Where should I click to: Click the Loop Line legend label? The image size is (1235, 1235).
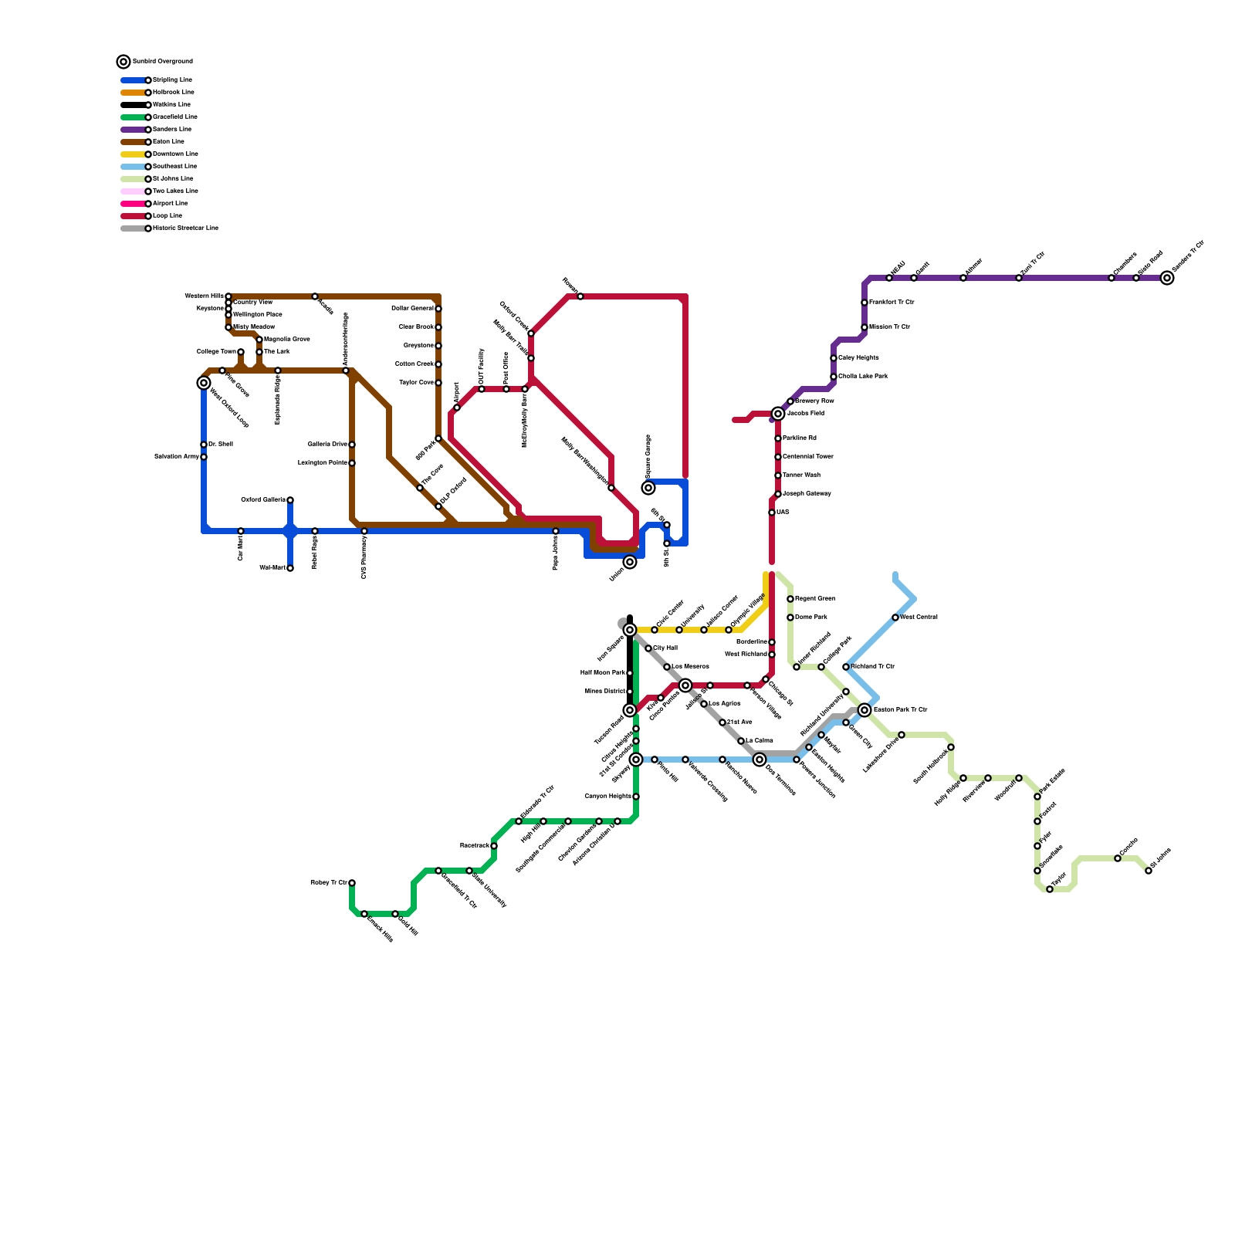point(167,216)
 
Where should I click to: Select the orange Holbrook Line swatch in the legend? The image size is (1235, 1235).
point(133,93)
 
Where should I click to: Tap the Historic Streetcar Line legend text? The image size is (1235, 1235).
point(185,228)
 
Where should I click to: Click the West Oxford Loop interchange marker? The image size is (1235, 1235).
point(204,383)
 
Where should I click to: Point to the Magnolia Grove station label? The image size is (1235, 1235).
point(287,340)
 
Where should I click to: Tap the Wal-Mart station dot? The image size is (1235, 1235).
point(290,568)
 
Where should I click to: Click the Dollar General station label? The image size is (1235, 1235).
point(413,309)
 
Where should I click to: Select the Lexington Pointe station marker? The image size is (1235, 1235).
point(352,463)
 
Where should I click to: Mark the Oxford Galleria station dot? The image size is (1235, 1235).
point(290,500)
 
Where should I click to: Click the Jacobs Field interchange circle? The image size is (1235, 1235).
point(778,414)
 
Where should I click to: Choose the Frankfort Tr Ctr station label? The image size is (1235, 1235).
point(892,303)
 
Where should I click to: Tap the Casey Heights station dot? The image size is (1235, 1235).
point(834,358)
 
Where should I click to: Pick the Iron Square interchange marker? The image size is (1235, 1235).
point(630,630)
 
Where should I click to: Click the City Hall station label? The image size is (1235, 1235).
point(665,648)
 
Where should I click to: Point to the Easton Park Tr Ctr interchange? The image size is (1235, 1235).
point(864,710)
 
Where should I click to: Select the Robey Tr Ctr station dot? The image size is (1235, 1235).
point(352,883)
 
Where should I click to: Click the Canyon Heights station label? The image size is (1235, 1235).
point(608,797)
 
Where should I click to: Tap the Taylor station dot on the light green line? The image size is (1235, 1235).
point(1050,889)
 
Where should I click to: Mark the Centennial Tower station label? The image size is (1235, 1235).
point(807,457)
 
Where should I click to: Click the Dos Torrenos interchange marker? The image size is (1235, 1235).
point(760,760)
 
